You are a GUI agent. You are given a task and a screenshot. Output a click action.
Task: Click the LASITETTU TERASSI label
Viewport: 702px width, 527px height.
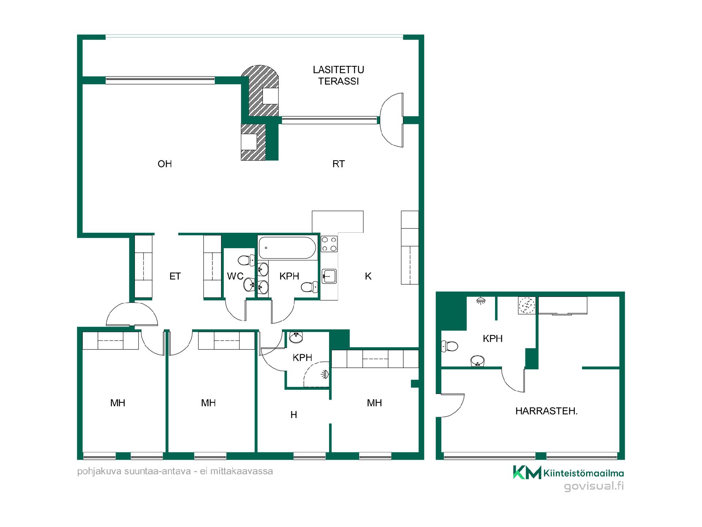339,75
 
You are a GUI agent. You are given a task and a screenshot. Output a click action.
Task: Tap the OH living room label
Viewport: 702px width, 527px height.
165,164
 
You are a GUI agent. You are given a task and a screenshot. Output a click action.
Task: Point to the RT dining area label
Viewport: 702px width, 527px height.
339,164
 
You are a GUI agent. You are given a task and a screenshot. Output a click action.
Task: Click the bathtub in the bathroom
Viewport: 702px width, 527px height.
287,248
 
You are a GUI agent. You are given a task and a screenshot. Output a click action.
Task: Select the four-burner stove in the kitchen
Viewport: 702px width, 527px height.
329,244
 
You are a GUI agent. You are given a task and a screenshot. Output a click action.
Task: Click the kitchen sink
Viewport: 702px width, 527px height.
329,276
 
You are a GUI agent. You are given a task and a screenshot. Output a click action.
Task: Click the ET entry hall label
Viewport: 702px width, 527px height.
175,276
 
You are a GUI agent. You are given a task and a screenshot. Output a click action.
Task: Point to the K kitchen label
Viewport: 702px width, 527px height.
368,276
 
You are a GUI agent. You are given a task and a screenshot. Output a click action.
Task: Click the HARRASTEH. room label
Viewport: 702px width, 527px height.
546,411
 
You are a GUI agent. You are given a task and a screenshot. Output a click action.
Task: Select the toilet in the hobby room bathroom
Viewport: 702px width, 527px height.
450,346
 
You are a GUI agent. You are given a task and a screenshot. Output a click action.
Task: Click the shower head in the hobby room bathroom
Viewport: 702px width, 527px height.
481,301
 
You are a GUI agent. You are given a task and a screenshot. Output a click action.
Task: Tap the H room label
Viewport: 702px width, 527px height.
294,415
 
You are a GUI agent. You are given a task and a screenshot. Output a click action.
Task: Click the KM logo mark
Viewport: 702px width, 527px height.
527,472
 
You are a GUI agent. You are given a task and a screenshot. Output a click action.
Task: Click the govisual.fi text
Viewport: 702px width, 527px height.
594,486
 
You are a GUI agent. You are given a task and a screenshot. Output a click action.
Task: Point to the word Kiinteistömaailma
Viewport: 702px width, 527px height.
584,473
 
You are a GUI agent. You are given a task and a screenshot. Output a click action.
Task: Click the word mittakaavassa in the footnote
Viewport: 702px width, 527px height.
241,471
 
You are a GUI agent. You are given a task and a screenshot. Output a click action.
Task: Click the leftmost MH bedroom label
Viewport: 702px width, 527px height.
118,403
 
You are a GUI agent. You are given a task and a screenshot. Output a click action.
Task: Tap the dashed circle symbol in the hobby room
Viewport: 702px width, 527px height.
526,306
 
